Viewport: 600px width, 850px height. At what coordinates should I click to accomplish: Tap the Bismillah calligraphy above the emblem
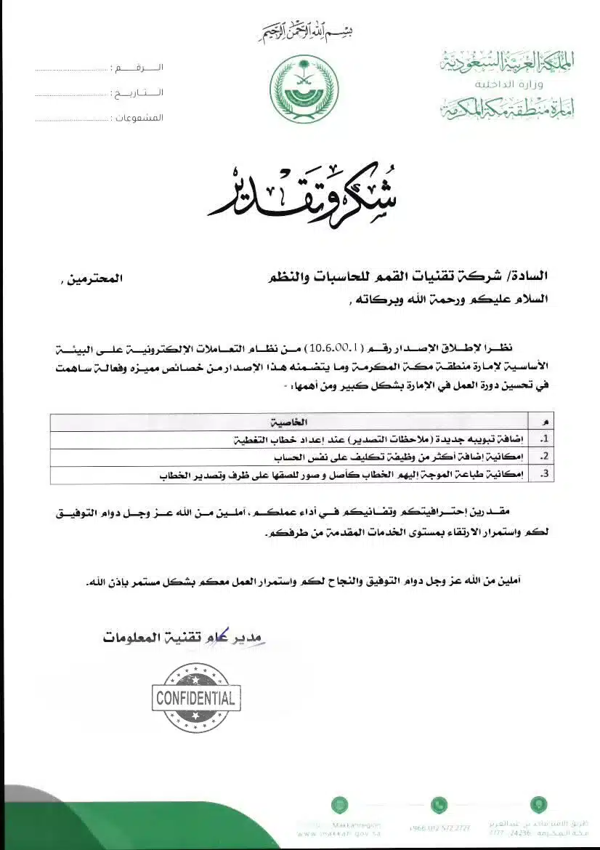(x=299, y=33)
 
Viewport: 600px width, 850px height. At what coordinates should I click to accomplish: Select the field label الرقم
(x=138, y=68)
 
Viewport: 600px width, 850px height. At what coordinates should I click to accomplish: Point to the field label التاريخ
(x=137, y=93)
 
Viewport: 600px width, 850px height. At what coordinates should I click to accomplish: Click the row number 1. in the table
(x=546, y=439)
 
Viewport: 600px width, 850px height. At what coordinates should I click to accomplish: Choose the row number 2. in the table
(x=546, y=457)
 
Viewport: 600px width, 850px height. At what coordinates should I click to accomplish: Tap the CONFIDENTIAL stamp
(x=195, y=699)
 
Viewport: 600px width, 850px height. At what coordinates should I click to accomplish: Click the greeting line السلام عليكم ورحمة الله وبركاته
(x=450, y=299)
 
